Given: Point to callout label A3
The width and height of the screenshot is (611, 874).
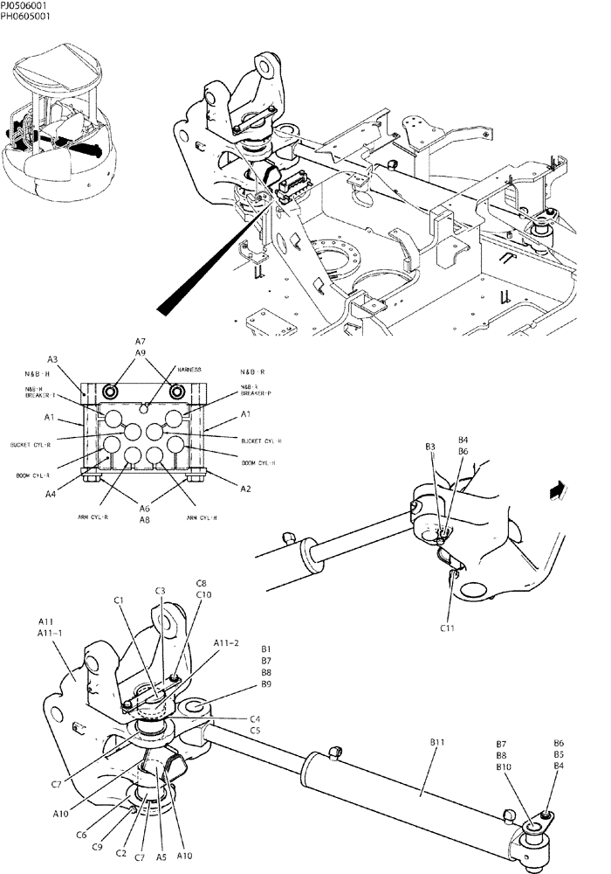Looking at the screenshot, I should pos(52,359).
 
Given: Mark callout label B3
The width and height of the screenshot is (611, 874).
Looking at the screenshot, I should pos(431,447).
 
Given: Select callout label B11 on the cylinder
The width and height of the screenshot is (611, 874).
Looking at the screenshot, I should pos(438,742).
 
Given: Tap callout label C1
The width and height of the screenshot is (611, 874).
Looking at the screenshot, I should pos(119,600).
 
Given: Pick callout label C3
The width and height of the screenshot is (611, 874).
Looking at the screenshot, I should pos(161,592).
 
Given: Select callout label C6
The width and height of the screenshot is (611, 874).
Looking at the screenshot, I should pos(105,835).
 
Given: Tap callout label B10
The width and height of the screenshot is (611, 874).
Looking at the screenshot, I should pos(504,766).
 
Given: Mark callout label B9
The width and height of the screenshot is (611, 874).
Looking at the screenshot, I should pos(268,684).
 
